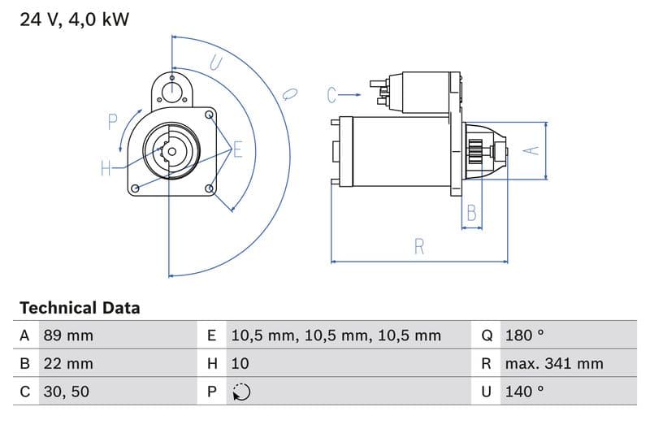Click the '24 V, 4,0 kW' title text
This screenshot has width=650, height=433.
coord(74,19)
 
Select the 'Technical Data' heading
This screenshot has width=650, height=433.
coord(80,308)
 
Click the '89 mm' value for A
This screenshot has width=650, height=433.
coord(67,336)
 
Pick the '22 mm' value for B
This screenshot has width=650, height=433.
coord(67,363)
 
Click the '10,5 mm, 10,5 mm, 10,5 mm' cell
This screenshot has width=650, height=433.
coord(336,336)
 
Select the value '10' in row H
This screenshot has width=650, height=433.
coord(240,363)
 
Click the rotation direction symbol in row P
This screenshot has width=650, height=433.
coord(240,392)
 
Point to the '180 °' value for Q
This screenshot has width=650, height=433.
coord(524,336)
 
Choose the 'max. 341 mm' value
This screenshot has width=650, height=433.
coord(553,363)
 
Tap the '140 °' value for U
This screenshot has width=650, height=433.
coord(524,392)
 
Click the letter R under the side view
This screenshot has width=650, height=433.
coord(419,247)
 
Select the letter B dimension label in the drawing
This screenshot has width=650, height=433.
coord(471,214)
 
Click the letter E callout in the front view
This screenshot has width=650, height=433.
coord(238,149)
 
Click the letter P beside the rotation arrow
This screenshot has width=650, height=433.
coord(113,122)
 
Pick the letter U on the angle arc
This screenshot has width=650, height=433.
coord(215,63)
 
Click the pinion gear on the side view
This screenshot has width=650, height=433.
coord(476,151)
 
